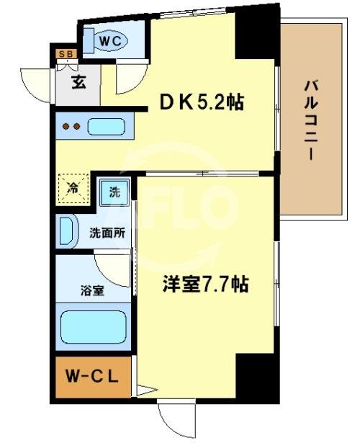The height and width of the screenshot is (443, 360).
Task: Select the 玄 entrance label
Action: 78,81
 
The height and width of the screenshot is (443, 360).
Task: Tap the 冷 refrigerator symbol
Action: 73,189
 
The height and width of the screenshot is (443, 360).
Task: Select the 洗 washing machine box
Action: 114,192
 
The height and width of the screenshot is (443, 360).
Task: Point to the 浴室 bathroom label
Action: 91,293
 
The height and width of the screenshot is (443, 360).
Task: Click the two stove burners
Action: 70,127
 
